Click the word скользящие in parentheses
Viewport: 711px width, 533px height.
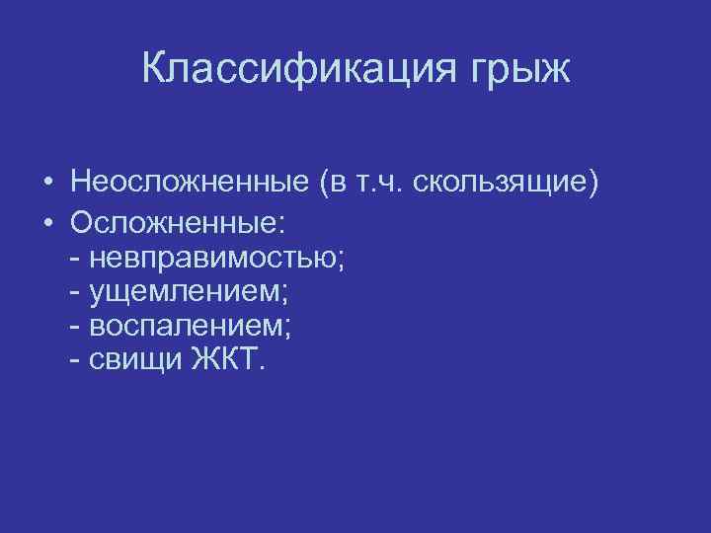coord(494,184)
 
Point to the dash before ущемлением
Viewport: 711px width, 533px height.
coord(77,291)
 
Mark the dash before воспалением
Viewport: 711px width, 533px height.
coord(77,326)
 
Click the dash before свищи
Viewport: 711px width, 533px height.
coord(77,361)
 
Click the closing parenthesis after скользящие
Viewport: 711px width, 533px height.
coord(592,184)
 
